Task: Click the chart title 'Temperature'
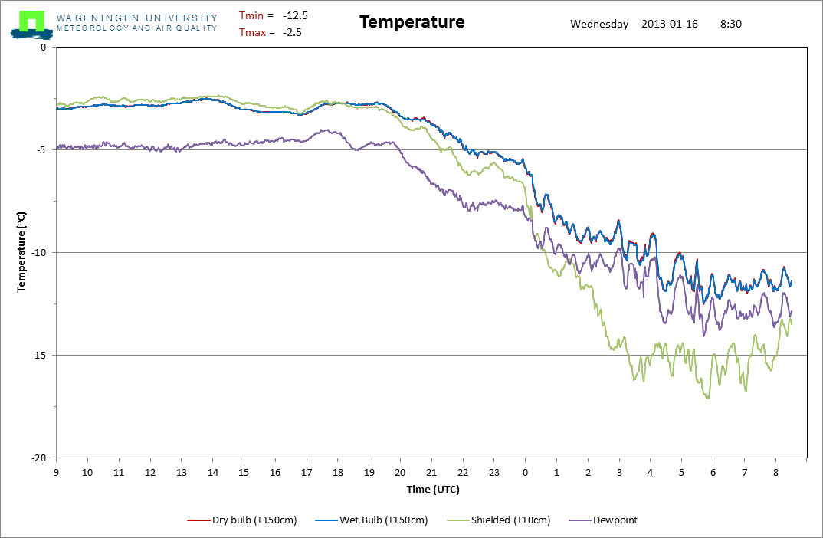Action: pos(411,22)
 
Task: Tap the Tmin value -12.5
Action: pos(295,15)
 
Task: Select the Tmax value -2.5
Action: pos(292,32)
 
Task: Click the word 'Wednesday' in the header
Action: pos(599,24)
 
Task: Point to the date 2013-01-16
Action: pos(670,24)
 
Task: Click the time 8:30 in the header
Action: pos(730,24)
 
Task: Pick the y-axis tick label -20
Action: pos(39,458)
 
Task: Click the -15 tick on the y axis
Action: pos(39,355)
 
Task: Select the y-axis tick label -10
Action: pos(39,252)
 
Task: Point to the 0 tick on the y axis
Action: pos(43,48)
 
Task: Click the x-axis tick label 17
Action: pos(307,473)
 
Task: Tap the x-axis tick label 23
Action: pos(494,473)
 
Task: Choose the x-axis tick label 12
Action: pos(150,473)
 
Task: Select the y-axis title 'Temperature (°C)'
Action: pos(22,252)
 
